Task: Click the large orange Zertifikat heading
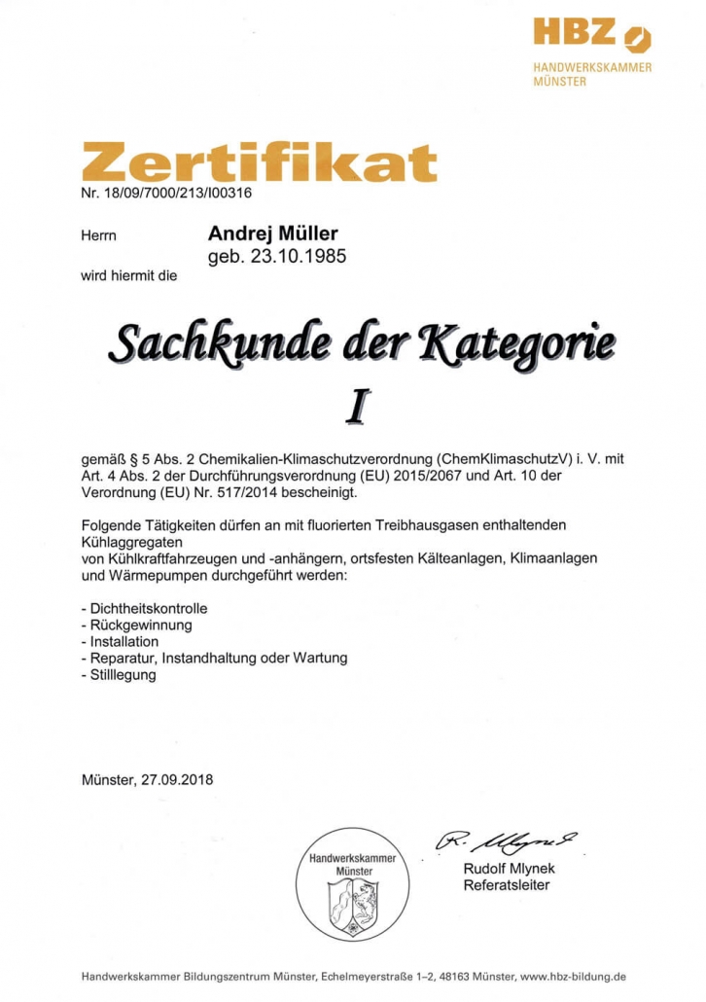tap(259, 163)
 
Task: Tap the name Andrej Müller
tap(273, 234)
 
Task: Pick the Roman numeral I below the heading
tap(357, 407)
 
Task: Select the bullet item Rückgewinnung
tap(141, 625)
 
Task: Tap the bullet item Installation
tap(124, 641)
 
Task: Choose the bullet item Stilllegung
tap(123, 674)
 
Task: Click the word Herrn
tap(98, 235)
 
